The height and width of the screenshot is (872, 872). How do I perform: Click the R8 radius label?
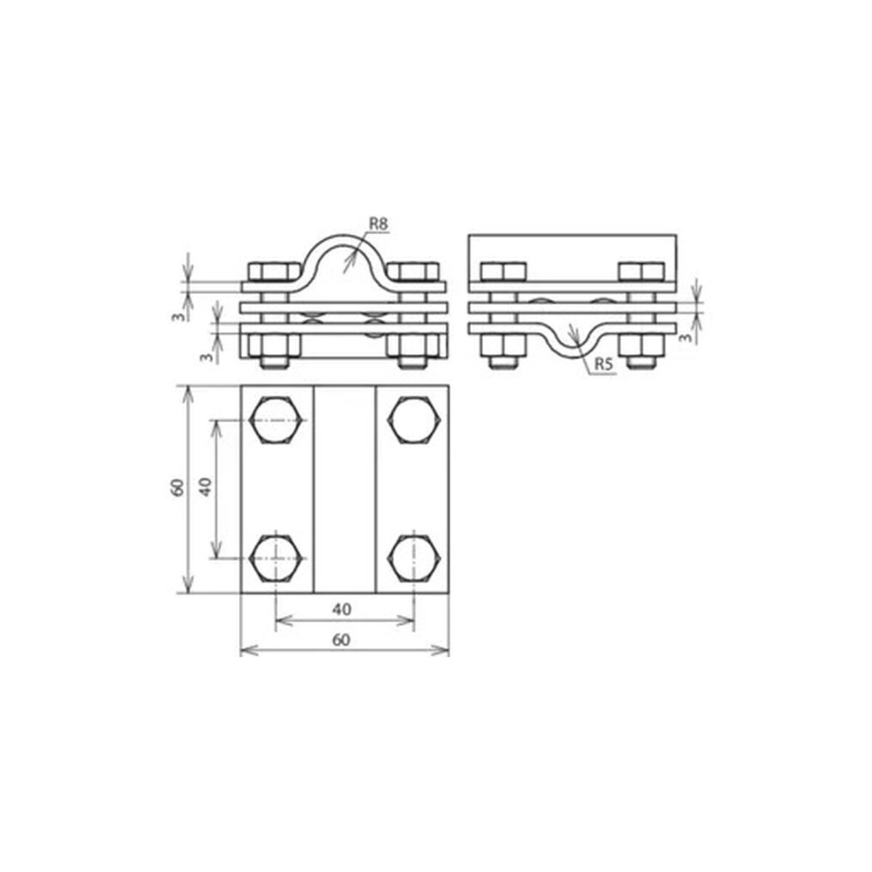tap(379, 224)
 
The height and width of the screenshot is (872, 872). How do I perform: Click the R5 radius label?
tap(604, 366)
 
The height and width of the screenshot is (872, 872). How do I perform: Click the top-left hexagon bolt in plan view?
tap(275, 421)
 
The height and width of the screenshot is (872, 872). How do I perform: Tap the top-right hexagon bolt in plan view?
tap(413, 421)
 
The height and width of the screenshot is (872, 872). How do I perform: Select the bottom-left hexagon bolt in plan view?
tap(275, 558)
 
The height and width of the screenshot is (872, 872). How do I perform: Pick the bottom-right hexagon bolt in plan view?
tap(413, 558)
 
